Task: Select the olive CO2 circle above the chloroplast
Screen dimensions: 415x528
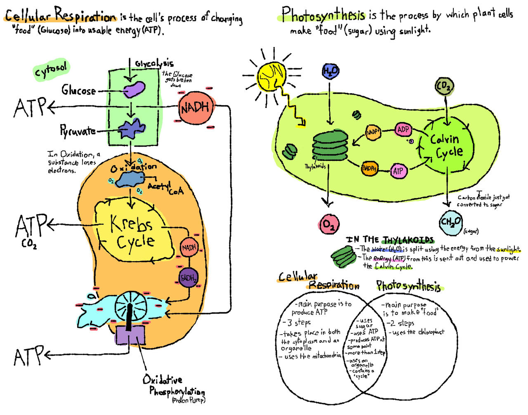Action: coord(445,86)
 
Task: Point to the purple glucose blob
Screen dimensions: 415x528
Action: coord(134,89)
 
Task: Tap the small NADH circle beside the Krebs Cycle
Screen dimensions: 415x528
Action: coord(189,248)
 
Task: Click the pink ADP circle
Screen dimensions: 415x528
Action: coord(403,130)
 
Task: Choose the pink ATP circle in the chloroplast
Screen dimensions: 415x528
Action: coord(398,171)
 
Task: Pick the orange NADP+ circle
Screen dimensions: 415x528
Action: coord(373,132)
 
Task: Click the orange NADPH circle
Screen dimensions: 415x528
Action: coord(370,168)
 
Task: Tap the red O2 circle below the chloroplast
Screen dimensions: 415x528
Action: coord(329,224)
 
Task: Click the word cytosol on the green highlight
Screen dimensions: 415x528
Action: coord(51,71)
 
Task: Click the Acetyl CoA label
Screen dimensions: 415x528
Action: coord(165,188)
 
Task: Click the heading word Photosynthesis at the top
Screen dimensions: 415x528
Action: coord(323,15)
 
